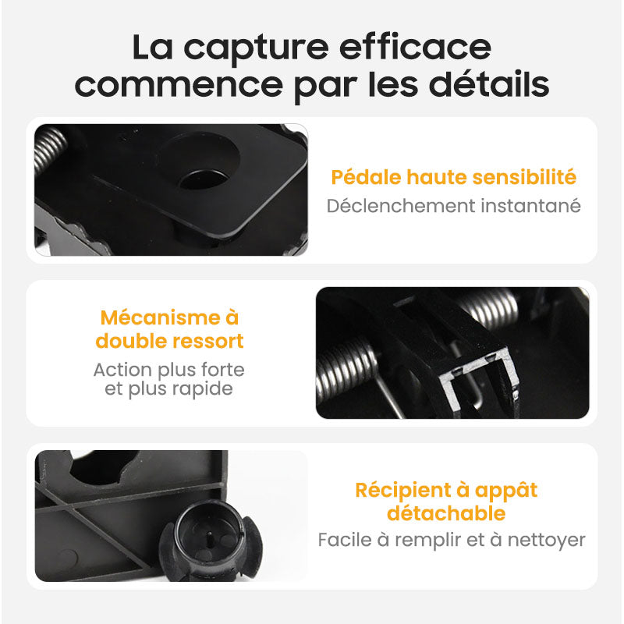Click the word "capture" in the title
[x=256, y=49]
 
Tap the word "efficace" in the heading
[x=415, y=47]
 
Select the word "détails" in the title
[x=489, y=83]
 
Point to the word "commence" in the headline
[x=179, y=85]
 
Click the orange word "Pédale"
[x=366, y=177]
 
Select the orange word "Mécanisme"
[x=160, y=317]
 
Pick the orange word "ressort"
[x=207, y=341]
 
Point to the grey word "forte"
[x=223, y=369]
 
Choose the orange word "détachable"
[x=446, y=513]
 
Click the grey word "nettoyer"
[x=547, y=541]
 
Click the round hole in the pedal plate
[x=204, y=179]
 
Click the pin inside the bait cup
[x=211, y=538]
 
